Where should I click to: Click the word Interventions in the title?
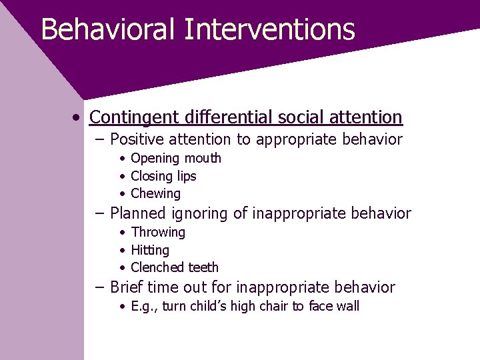pyautogui.click(x=269, y=30)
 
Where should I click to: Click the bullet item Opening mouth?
pyautogui.click(x=176, y=159)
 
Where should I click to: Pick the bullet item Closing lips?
pyautogui.click(x=163, y=176)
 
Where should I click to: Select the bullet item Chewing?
pyautogui.click(x=155, y=194)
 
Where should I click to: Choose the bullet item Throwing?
pyautogui.click(x=158, y=233)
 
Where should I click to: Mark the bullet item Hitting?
pyautogui.click(x=150, y=250)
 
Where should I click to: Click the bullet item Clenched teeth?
pyautogui.click(x=175, y=267)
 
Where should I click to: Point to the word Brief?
pyautogui.click(x=127, y=287)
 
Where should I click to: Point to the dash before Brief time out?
pyautogui.click(x=99, y=287)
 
